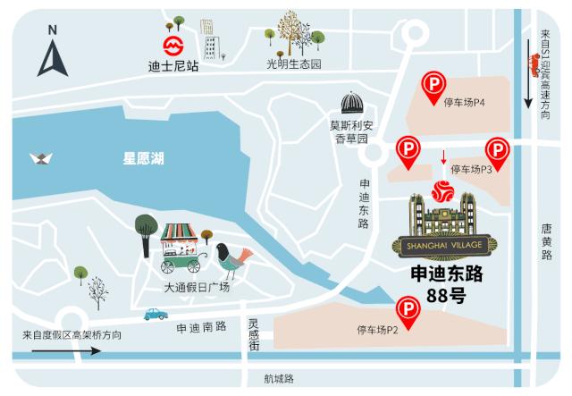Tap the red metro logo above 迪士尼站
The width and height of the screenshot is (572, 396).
tap(171, 44)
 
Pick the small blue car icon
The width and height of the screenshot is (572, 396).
tap(157, 314)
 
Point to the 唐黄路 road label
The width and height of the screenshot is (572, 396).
tap(546, 241)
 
